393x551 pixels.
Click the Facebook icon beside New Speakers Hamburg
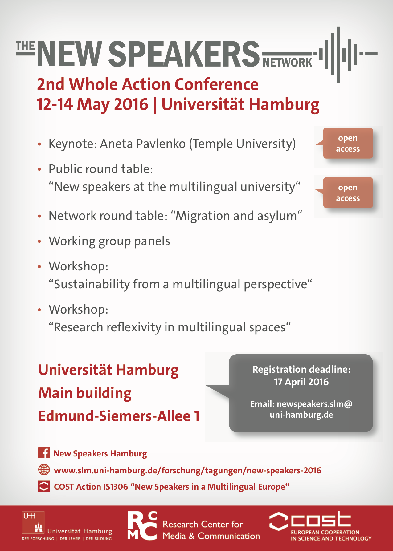click(x=44, y=453)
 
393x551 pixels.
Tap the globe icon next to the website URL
click(x=44, y=470)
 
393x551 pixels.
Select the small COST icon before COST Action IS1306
click(x=44, y=486)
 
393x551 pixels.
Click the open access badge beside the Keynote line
click(x=348, y=143)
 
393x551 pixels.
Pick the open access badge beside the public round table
click(x=348, y=193)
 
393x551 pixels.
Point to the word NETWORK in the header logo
click(x=287, y=63)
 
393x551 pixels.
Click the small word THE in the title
click(x=25, y=46)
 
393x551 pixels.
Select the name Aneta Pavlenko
click(x=143, y=144)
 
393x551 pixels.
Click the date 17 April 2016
click(x=301, y=382)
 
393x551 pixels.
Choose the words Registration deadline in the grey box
click(x=301, y=369)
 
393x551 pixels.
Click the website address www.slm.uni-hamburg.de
click(x=187, y=470)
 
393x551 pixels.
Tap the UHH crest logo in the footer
click(x=33, y=522)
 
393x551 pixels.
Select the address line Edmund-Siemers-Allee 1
click(x=119, y=416)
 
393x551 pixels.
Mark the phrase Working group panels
click(x=109, y=241)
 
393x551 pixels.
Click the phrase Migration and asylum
click(x=237, y=216)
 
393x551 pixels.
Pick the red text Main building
click(x=85, y=393)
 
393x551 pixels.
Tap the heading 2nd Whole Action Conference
click(x=148, y=84)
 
